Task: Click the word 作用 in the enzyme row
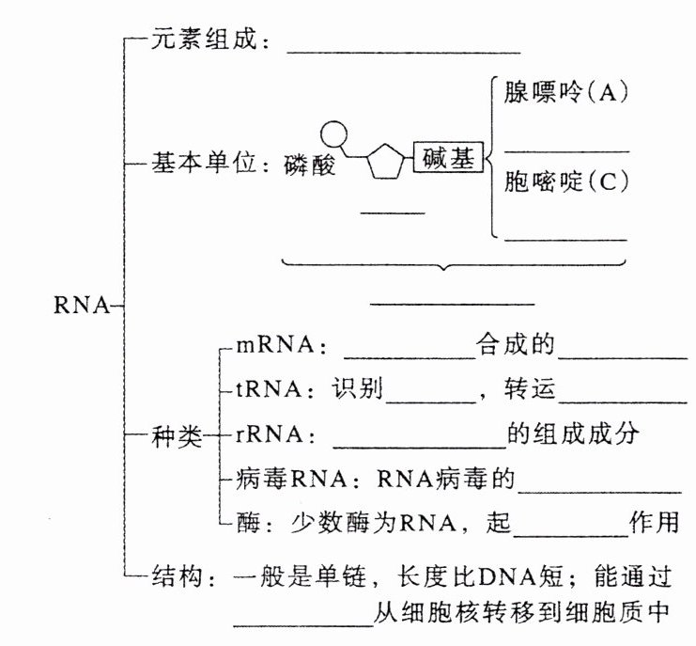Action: click(x=654, y=520)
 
